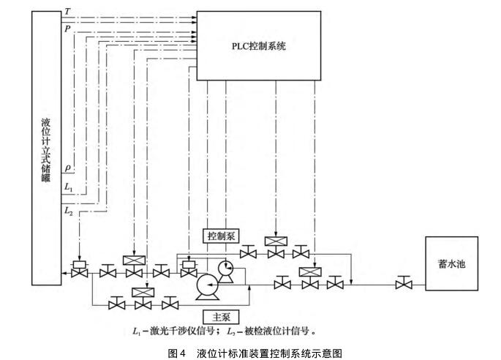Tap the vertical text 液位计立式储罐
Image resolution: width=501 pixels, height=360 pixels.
[46, 146]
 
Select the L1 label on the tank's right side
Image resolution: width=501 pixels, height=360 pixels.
[68, 188]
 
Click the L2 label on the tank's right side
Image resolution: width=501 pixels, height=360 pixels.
[68, 211]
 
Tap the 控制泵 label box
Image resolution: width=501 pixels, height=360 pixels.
[219, 236]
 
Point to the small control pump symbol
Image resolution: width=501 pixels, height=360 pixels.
[225, 269]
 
